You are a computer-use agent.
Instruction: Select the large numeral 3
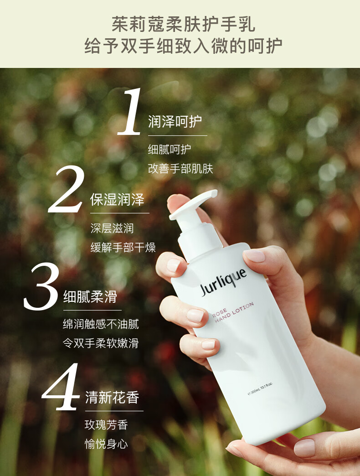(41, 287)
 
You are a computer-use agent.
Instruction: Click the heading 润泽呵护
(175, 121)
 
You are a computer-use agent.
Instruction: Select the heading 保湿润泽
(117, 199)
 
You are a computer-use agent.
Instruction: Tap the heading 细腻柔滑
(90, 297)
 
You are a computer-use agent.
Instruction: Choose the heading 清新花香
(112, 398)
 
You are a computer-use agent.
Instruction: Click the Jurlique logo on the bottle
(223, 282)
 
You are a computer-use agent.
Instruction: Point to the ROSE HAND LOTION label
(233, 313)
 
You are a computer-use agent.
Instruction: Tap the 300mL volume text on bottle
(260, 388)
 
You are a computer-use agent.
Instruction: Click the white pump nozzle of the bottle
(193, 204)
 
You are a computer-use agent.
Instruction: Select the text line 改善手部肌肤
(180, 169)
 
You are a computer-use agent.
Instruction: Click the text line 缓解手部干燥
(123, 248)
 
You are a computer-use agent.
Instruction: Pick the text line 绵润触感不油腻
(101, 324)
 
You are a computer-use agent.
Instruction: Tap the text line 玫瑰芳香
(106, 424)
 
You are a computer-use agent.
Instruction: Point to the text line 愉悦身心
(106, 444)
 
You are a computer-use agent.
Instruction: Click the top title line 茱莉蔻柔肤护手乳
(184, 24)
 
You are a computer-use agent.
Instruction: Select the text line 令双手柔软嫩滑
(101, 343)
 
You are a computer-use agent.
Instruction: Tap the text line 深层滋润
(112, 228)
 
